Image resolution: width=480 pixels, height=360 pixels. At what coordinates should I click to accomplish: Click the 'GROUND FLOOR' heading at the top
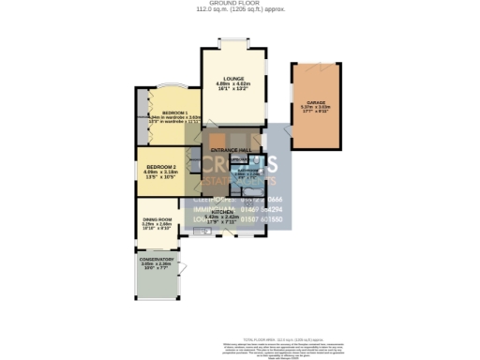click(x=239, y=4)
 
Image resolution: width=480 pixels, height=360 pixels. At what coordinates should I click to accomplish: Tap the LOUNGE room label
click(x=232, y=78)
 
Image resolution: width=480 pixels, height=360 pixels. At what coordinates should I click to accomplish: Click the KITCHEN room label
click(x=222, y=213)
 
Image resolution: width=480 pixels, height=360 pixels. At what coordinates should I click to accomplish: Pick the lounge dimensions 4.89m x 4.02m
click(x=232, y=83)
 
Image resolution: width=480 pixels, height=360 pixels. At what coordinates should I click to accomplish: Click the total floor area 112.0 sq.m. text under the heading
click(x=239, y=11)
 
